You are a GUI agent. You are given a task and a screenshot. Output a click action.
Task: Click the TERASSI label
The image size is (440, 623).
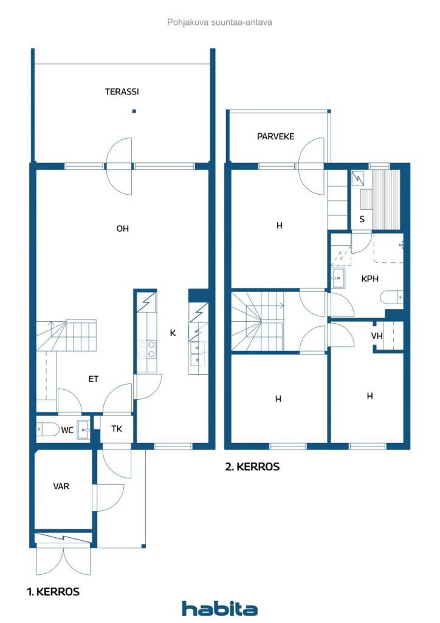pos(122,92)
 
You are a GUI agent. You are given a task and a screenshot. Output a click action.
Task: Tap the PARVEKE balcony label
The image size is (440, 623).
pos(275,136)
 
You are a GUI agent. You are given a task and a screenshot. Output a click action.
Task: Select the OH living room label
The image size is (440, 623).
pos(123,229)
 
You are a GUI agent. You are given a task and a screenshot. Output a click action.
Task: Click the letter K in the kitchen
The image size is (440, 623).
pos(173,333)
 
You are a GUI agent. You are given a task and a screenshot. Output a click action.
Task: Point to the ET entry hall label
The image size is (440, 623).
pos(93,379)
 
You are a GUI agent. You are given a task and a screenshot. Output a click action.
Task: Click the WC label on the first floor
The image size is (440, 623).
pos(67,430)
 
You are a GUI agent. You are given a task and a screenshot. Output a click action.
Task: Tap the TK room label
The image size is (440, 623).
pos(117,429)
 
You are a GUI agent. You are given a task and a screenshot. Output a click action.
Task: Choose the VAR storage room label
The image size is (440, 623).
pos(61,486)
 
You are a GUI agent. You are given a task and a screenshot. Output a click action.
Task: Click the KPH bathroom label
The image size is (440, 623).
pos(370,279)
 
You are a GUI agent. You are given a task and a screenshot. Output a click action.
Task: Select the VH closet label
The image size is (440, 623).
pos(377,336)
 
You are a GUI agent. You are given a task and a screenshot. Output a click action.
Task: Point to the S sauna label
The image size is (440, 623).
pos(362,219)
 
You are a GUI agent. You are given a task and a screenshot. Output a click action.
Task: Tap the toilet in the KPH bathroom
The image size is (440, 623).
pos(391,298)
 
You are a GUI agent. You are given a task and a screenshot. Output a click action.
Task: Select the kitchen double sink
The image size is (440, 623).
pos(198,353)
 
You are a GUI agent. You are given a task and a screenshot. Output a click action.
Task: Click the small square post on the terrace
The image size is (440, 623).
pos(134,111)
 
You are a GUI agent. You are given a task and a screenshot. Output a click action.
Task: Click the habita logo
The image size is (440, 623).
pos(219,608)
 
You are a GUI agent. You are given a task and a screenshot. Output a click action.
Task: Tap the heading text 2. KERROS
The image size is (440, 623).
pos(252,467)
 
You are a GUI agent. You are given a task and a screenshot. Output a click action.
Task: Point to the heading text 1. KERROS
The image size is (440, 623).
pos(53,591)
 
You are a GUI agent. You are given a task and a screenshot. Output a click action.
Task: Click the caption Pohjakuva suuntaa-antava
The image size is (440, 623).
pos(219,22)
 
